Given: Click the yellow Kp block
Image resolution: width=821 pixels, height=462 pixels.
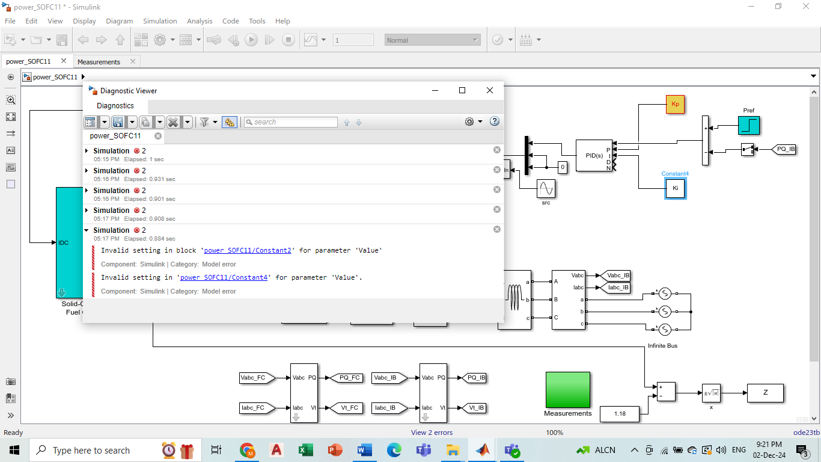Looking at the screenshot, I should click(x=675, y=104).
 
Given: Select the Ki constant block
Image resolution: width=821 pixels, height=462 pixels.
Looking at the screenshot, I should click(x=675, y=188).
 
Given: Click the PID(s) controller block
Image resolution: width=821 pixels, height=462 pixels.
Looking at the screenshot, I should click(x=594, y=155).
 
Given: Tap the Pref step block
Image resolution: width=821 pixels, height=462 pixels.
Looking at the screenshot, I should click(x=749, y=125).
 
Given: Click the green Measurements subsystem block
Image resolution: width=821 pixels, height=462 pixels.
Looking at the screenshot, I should click(x=567, y=389).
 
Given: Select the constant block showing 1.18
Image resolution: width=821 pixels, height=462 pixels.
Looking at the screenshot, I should click(x=620, y=414).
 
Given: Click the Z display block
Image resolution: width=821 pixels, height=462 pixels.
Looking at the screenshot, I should click(x=765, y=393).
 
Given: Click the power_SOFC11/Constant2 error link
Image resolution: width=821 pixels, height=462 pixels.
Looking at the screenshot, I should click(x=248, y=250).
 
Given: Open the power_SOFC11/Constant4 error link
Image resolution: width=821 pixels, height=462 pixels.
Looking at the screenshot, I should click(x=224, y=277).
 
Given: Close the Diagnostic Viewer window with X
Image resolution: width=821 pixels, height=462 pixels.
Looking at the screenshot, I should click(x=490, y=90).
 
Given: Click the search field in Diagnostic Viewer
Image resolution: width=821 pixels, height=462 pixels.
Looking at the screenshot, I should click(x=293, y=122).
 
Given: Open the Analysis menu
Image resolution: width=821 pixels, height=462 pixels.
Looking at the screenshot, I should click(x=200, y=21).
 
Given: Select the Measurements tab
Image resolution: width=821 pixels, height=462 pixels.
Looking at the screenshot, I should click(x=99, y=62).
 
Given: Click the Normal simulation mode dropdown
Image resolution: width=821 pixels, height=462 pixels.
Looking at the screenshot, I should click(x=432, y=40).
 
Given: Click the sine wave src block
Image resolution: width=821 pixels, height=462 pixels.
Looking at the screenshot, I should click(x=546, y=189).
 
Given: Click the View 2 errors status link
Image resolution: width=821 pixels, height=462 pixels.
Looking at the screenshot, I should click(x=432, y=433).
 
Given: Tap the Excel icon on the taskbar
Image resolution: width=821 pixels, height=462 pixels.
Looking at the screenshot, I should click(x=305, y=450).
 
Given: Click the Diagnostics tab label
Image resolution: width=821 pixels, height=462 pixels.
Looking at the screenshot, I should click(x=115, y=106).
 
